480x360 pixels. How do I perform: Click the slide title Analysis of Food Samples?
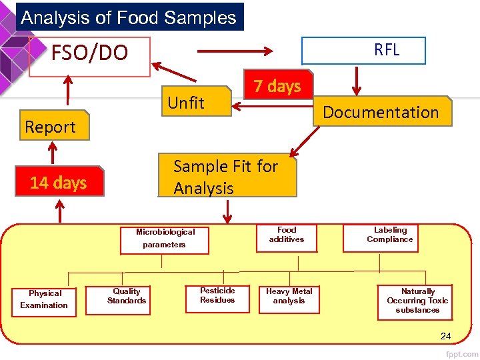coord(129,17)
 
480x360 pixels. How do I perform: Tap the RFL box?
coord(364,50)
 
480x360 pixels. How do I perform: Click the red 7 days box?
coord(277,86)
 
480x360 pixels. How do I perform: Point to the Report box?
coord(54,127)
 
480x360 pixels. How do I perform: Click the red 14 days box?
coord(59,183)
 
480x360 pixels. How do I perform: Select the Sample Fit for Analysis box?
coord(227,177)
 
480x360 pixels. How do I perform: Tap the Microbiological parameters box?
coord(165,239)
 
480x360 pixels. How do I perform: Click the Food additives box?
coord(287,235)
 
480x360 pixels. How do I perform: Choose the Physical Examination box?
coord(44,299)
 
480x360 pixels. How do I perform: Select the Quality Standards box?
coord(127,296)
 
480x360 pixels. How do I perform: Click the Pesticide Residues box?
coord(217,295)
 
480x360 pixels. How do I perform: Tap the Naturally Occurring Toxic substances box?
coord(417,301)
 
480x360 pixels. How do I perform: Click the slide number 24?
coord(445,336)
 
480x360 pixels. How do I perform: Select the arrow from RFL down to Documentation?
coord(356,81)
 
